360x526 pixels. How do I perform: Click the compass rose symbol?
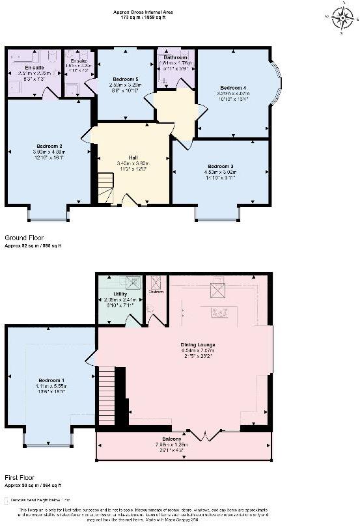click(342, 18)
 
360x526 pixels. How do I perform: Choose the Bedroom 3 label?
click(221, 166)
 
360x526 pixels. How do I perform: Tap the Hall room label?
click(132, 158)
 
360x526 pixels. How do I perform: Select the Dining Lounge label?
click(197, 344)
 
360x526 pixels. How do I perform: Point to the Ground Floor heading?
click(24, 239)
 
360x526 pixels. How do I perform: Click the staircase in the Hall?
click(104, 188)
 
